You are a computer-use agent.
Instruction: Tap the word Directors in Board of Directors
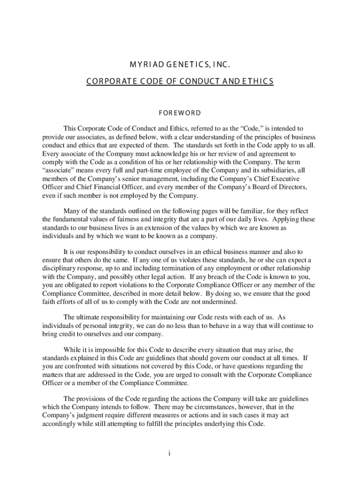click(288, 187)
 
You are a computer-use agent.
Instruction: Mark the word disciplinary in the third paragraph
click(61, 268)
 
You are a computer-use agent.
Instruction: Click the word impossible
click(123, 349)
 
